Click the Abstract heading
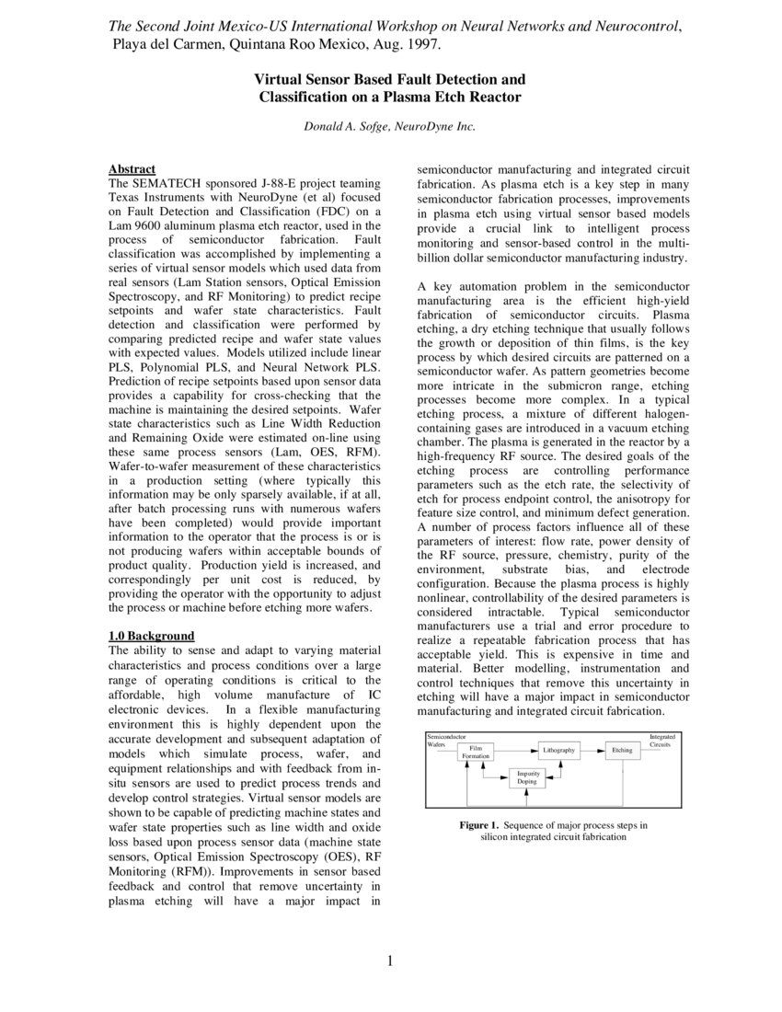[132, 169]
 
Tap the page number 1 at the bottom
[390, 962]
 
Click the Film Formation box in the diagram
[476, 752]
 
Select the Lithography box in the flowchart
[558, 751]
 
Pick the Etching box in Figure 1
[623, 751]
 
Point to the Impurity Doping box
[527, 777]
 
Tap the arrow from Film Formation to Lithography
[515, 751]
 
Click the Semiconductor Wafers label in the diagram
[446, 740]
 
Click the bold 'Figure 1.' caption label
[478, 825]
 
